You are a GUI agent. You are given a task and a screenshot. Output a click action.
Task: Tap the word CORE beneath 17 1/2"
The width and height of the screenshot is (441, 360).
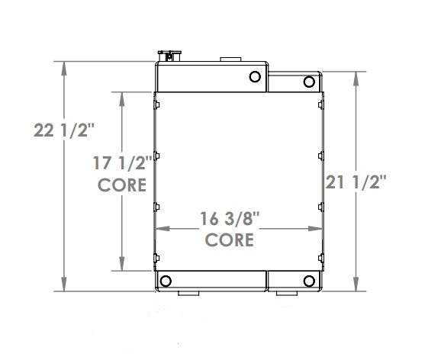coord(123,185)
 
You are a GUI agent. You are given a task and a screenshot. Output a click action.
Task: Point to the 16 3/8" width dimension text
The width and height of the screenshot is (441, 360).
coord(230,218)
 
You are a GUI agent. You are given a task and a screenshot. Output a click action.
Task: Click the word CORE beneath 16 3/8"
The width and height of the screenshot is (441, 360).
coord(230,239)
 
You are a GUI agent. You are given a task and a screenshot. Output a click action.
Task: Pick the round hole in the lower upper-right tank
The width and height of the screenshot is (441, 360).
coord(309,82)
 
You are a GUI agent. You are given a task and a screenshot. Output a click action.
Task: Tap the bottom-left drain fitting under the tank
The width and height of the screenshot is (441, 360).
coord(188,294)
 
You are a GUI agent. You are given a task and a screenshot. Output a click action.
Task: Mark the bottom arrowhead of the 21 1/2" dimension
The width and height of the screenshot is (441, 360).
coord(356,285)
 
